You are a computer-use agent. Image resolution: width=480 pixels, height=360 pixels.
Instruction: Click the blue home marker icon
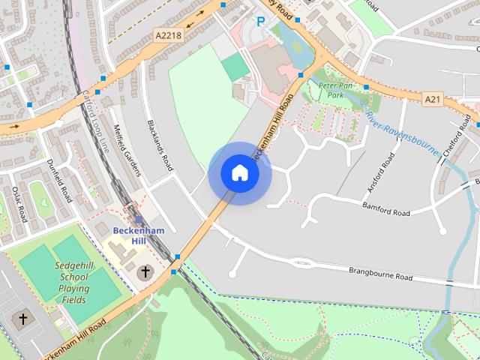coord(239,173)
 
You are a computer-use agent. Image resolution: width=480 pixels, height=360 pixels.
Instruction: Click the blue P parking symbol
coord(260,22)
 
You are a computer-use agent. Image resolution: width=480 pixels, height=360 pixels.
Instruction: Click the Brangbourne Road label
coord(380,273)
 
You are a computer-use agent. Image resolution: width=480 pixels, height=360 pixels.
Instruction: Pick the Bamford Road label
coord(387,208)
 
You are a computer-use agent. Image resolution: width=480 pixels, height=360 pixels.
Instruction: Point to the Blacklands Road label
coord(160,145)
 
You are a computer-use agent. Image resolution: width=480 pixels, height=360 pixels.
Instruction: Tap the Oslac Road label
coord(19,204)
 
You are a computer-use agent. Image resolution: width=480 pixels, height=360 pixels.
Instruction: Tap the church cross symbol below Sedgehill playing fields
coord(22,319)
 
